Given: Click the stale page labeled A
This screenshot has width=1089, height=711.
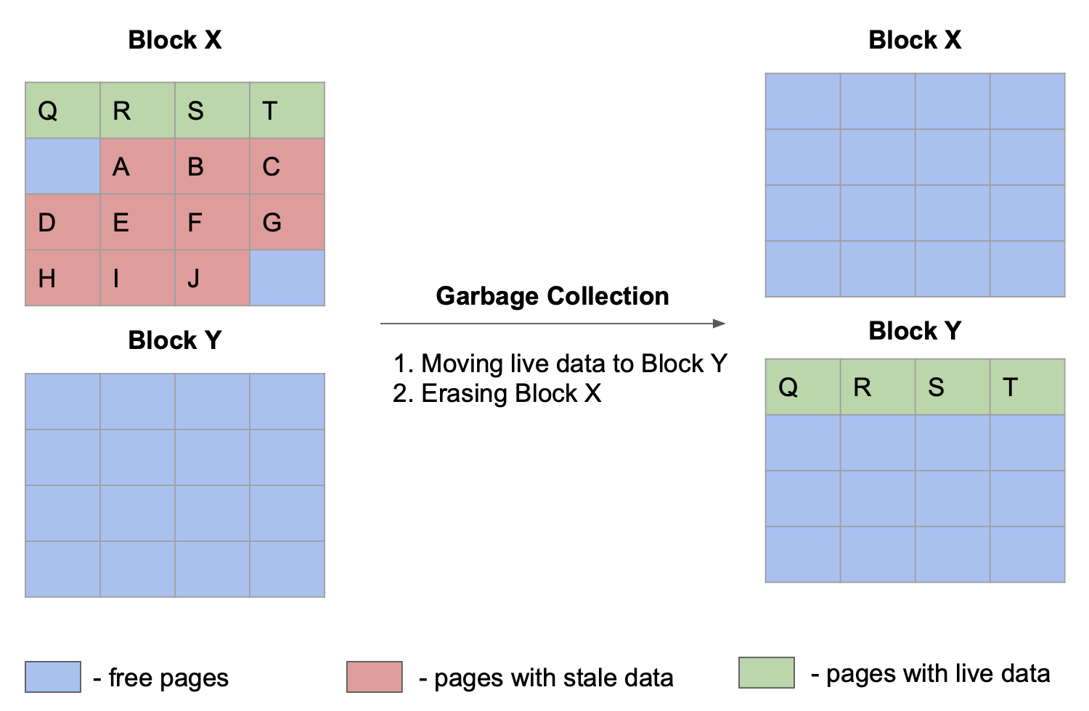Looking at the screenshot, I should [x=137, y=166].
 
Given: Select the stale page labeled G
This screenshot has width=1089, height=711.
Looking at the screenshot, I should [x=287, y=222].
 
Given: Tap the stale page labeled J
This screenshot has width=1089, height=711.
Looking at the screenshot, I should [x=212, y=278].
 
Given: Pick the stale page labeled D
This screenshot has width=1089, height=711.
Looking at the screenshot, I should [x=62, y=222].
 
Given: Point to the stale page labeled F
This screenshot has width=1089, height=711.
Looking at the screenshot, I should [x=212, y=222].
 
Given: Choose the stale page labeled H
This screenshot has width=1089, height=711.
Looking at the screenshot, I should [x=62, y=278].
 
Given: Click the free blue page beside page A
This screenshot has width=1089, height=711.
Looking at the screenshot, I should [x=62, y=166].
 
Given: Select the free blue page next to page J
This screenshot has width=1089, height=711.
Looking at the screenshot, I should [x=287, y=278].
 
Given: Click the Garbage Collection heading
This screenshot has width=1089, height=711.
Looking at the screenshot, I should [x=552, y=296].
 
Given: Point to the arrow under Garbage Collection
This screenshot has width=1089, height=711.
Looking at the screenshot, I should [x=552, y=324].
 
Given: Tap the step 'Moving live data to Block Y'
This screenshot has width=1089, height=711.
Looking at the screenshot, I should [x=560, y=363].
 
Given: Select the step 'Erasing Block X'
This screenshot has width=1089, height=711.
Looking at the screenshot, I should [x=497, y=393].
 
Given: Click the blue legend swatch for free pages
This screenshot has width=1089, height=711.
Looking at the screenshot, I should [x=53, y=677].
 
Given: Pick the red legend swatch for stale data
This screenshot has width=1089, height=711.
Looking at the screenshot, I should [x=375, y=677].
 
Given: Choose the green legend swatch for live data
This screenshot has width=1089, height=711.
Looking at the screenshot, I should [x=766, y=673].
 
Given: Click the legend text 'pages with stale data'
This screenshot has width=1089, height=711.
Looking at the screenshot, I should [x=553, y=678].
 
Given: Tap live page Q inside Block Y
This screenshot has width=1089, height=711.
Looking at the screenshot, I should [x=803, y=387].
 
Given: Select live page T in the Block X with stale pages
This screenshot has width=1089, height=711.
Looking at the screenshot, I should [x=287, y=110].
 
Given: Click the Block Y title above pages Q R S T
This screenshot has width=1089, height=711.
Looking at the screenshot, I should [x=915, y=331].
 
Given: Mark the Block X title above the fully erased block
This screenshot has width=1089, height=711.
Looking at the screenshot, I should [x=915, y=40].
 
